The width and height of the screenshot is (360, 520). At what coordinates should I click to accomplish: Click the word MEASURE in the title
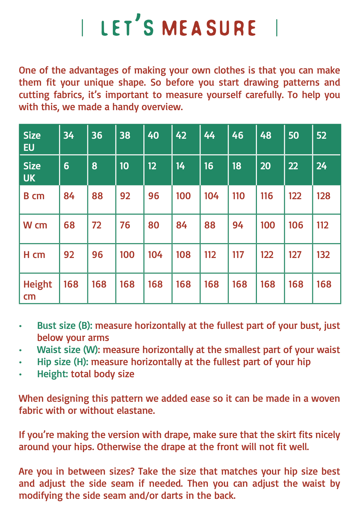(x=209, y=28)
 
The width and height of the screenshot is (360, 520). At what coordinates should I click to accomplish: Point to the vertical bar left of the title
(x=83, y=28)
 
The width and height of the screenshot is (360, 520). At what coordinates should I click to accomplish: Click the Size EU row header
(x=32, y=141)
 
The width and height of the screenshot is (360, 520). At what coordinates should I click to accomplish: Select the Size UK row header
(x=32, y=172)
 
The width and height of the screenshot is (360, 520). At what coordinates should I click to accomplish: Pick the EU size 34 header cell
(x=69, y=135)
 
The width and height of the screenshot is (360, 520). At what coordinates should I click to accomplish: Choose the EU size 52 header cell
(x=321, y=135)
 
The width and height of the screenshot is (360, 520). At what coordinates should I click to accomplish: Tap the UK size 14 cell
(x=180, y=166)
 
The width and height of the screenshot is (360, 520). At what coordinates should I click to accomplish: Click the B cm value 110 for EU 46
(x=238, y=196)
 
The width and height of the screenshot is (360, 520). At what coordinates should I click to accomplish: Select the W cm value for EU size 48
(x=268, y=225)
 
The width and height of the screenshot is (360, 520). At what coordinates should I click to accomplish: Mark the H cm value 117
(x=238, y=255)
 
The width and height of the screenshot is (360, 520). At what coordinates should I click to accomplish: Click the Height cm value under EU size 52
(x=324, y=284)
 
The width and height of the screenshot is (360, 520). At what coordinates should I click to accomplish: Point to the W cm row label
(x=35, y=225)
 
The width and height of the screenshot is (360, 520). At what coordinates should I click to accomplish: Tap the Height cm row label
(x=38, y=290)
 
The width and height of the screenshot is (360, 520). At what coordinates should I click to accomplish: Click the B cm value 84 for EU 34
(x=69, y=196)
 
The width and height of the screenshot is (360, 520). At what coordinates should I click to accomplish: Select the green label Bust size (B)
(x=65, y=326)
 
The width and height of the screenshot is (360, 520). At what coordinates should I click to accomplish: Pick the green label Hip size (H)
(x=63, y=362)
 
